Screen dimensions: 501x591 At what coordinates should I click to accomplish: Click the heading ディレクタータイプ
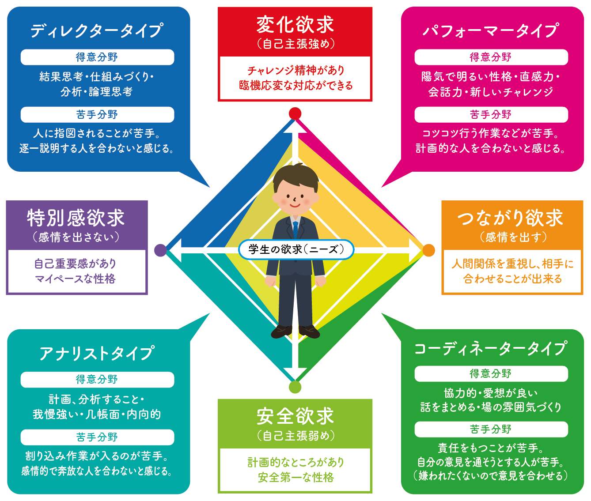97,31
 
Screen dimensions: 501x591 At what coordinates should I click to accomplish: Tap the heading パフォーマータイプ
491,31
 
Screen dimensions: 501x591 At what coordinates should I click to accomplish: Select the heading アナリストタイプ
97,353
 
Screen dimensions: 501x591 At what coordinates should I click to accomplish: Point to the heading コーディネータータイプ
491,349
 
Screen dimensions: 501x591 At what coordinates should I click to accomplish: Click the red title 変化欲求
295,25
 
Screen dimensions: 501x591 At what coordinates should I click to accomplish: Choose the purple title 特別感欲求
76,218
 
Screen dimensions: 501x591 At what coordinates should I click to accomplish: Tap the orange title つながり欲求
511,218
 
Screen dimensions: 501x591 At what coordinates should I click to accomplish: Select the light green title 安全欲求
295,416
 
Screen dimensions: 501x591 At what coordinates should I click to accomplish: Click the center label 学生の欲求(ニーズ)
296,249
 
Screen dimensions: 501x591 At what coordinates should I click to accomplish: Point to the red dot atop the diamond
295,113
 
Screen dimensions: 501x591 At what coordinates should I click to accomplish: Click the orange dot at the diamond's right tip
428,250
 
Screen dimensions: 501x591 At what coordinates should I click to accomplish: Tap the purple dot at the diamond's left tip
160,250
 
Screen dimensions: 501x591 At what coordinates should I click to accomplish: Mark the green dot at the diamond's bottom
295,387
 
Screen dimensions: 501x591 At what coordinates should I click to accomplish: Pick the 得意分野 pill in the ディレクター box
97,57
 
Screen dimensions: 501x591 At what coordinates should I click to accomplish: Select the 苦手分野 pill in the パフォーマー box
491,115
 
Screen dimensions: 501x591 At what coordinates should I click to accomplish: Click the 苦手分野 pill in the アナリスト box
97,437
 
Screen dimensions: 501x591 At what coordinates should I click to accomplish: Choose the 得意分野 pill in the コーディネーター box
491,374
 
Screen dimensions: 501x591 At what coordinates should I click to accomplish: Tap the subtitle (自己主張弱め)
295,436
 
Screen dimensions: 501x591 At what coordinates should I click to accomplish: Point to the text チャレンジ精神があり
295,71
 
